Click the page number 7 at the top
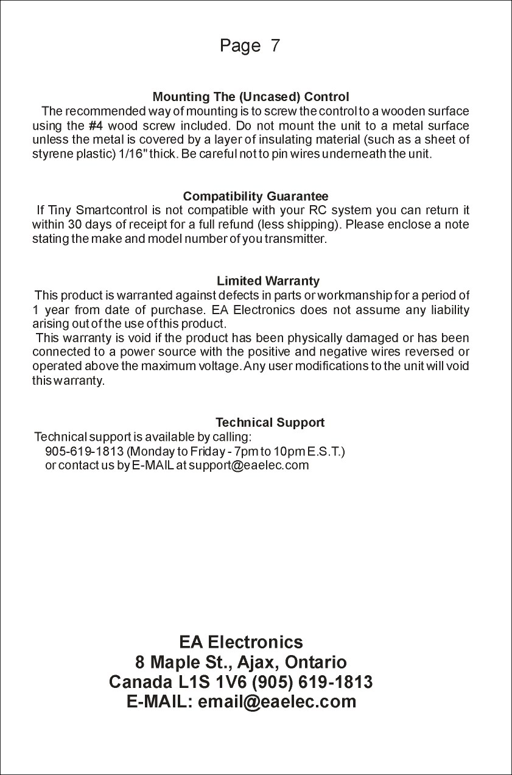pyautogui.click(x=275, y=46)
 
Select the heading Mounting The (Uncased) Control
pyautogui.click(x=250, y=97)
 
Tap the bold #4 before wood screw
pyautogui.click(x=94, y=126)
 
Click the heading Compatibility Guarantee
pyautogui.click(x=256, y=197)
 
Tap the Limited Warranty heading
pyautogui.click(x=268, y=281)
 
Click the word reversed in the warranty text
pyautogui.click(x=432, y=352)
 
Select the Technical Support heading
pyautogui.click(x=270, y=423)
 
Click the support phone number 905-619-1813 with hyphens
pyautogui.click(x=84, y=452)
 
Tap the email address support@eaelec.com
pyautogui.click(x=249, y=466)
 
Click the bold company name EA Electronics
pyautogui.click(x=240, y=642)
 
